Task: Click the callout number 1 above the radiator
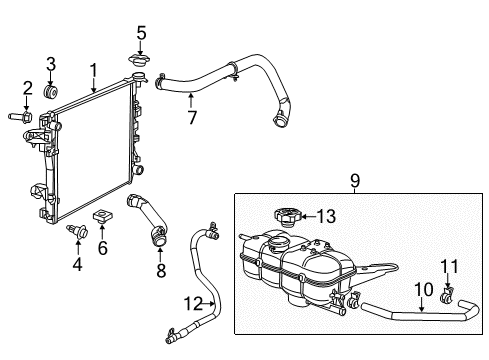pos(92,70)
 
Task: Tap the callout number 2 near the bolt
pos(28,87)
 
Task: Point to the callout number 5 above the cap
pos(141,32)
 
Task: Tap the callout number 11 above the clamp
pos(450,265)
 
